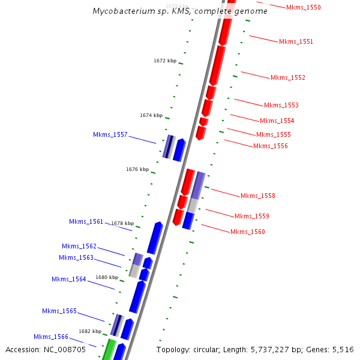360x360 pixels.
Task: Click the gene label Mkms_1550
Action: tap(303, 7)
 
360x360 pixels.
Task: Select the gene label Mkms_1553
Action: tap(281, 105)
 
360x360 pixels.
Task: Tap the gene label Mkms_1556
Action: tap(270, 146)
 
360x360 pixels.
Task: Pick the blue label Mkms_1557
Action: tap(110, 134)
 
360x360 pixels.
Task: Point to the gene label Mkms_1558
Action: tap(257, 196)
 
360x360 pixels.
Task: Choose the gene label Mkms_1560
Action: tap(247, 232)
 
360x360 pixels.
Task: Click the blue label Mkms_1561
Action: tap(86, 221)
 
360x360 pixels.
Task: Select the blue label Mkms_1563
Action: tap(76, 257)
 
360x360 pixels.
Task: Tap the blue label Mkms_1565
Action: tap(59, 311)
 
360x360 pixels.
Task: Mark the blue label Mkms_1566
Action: tap(50, 337)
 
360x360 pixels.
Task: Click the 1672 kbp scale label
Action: tap(165, 61)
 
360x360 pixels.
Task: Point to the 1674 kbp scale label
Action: tap(151, 115)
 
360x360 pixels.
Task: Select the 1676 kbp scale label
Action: tap(137, 169)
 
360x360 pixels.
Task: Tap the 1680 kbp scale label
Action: tap(107, 277)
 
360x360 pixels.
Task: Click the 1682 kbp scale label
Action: tap(90, 331)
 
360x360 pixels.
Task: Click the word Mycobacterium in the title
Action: tap(121, 11)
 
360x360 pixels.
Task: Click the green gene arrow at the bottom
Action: tap(109, 349)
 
